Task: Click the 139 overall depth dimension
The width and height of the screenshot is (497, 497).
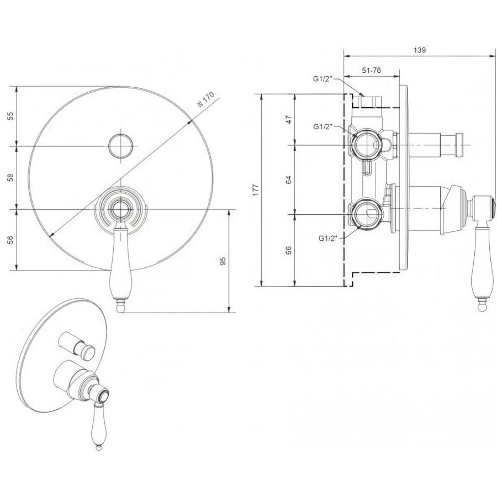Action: pos(420,50)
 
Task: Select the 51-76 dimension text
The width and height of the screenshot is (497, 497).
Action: pos(372,70)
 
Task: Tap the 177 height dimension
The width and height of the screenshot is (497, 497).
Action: pos(256,189)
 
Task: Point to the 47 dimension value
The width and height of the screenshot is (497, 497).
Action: pos(288,119)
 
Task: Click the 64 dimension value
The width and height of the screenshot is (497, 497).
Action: pos(288,179)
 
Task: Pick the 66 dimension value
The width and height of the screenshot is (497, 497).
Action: pos(288,250)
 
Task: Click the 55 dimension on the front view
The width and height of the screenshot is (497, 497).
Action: pos(11,116)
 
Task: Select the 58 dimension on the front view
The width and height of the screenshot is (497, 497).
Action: pos(11,177)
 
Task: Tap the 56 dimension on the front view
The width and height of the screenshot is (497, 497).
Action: pos(11,240)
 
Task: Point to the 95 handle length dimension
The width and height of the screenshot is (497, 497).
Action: pos(223,261)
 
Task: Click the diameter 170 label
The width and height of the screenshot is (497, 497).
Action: pos(206,99)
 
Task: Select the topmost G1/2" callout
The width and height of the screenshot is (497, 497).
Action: pos(322,79)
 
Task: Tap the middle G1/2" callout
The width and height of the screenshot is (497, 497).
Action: pos(323,127)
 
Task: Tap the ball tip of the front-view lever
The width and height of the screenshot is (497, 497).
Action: pos(120,308)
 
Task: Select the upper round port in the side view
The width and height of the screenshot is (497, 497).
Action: pos(367,145)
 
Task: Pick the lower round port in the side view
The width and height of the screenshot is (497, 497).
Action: pos(367,214)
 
